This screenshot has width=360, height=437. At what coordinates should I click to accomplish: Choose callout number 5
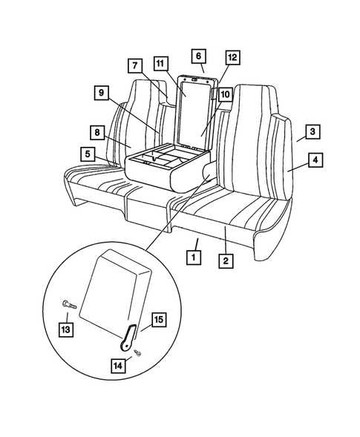click(x=88, y=154)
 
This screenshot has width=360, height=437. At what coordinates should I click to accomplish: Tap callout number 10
click(x=224, y=94)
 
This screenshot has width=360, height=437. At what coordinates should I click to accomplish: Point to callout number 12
click(x=232, y=57)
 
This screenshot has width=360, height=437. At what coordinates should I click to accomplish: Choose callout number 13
click(x=67, y=329)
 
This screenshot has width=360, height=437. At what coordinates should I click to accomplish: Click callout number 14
click(x=120, y=365)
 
